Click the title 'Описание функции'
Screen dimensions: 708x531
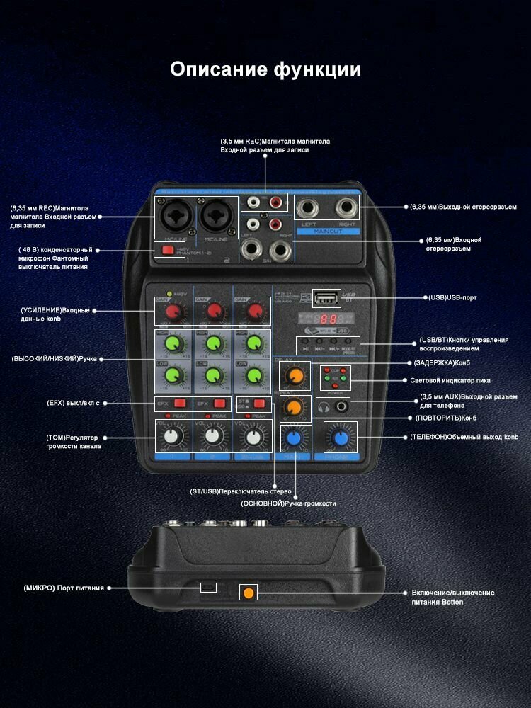coord(265,69)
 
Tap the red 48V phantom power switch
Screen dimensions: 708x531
coord(168,249)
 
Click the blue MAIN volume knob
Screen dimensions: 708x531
coord(292,438)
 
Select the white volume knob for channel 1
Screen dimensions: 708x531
coord(171,437)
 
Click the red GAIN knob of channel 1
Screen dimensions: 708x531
coord(171,312)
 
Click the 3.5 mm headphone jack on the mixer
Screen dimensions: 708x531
coord(344,406)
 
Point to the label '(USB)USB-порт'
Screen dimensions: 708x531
coord(452,298)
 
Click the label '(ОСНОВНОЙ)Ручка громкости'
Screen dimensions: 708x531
coord(288,503)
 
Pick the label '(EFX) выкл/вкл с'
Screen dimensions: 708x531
coord(73,403)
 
